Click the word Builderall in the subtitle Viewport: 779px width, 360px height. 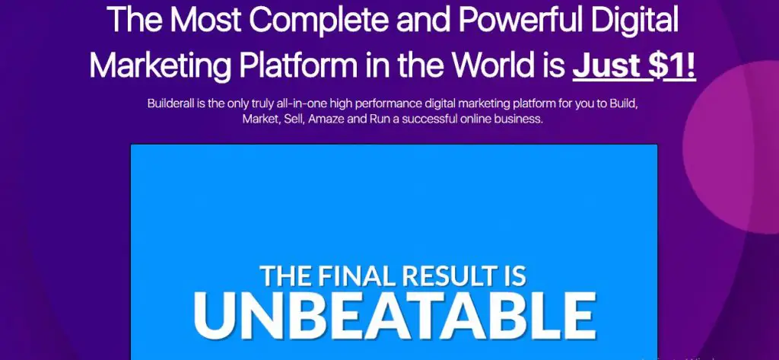click(167, 104)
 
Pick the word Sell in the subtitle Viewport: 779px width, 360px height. click(292, 119)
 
